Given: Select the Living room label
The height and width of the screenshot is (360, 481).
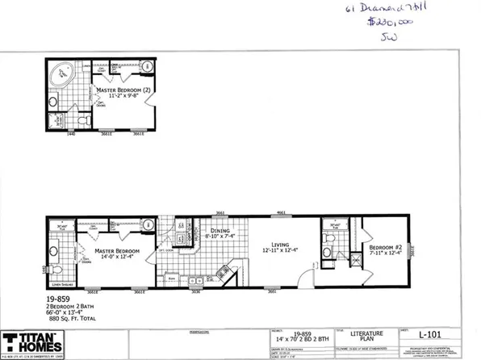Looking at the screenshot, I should tap(281, 246).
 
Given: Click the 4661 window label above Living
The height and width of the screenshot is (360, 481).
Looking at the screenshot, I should tap(282, 213).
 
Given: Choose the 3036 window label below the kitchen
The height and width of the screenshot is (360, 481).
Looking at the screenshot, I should tap(194, 291).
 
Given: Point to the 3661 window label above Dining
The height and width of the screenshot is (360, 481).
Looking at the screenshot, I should tap(220, 213).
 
